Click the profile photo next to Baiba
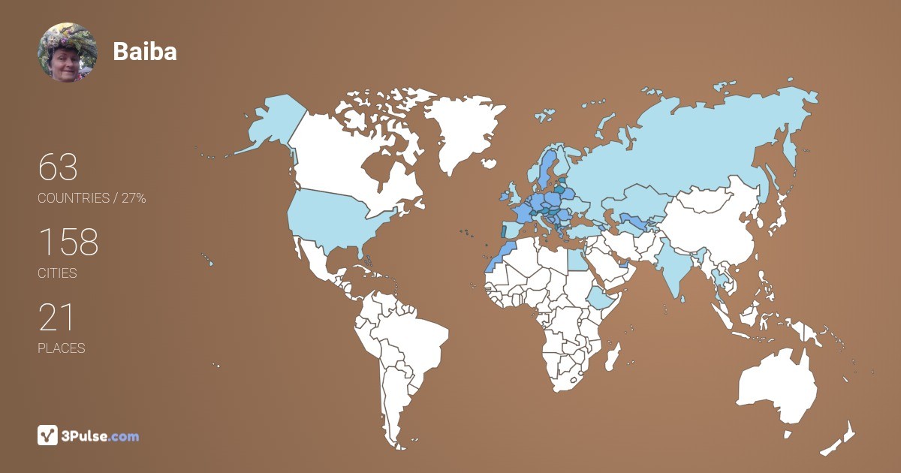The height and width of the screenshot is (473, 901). tap(67, 52)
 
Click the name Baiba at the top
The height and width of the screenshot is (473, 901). tap(145, 51)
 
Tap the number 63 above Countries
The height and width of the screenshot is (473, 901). tap(58, 167)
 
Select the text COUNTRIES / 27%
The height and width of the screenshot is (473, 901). tap(92, 198)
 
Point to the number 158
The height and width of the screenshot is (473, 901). tap(68, 242)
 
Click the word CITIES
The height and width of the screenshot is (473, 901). tap(57, 273)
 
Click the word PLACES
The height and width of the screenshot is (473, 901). tap(61, 348)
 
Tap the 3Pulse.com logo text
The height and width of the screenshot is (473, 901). tap(101, 435)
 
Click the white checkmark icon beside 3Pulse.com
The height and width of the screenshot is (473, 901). tap(47, 435)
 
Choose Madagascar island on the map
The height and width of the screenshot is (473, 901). tap(614, 356)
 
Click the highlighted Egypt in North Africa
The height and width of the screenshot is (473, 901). tap(576, 259)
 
